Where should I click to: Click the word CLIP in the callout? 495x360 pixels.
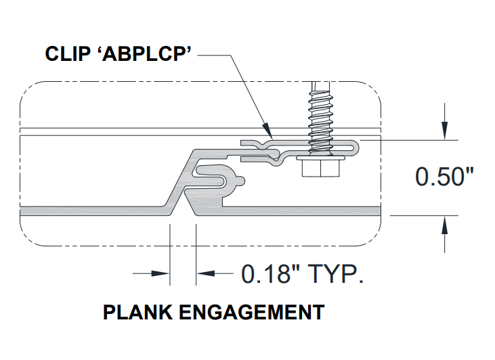click(x=68, y=53)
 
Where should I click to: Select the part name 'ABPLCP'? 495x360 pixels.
click(x=147, y=53)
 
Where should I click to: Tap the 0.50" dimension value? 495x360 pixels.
click(x=444, y=177)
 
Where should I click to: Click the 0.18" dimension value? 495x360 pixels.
click(x=270, y=273)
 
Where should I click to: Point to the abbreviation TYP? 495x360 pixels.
click(x=336, y=273)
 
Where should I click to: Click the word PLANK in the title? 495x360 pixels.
click(x=138, y=313)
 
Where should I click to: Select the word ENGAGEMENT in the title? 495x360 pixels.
click(x=252, y=313)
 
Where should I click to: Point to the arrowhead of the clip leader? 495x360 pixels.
click(x=267, y=131)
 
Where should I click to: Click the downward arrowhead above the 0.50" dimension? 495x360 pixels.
click(x=444, y=130)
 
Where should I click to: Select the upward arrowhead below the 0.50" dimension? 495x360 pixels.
click(x=444, y=225)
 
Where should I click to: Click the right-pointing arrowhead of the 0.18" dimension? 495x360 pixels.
click(x=160, y=273)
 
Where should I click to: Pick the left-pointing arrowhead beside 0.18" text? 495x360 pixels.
click(x=205, y=273)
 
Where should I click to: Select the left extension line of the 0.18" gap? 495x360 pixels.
click(x=170, y=254)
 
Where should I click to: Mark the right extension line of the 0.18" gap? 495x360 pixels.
click(x=196, y=254)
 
